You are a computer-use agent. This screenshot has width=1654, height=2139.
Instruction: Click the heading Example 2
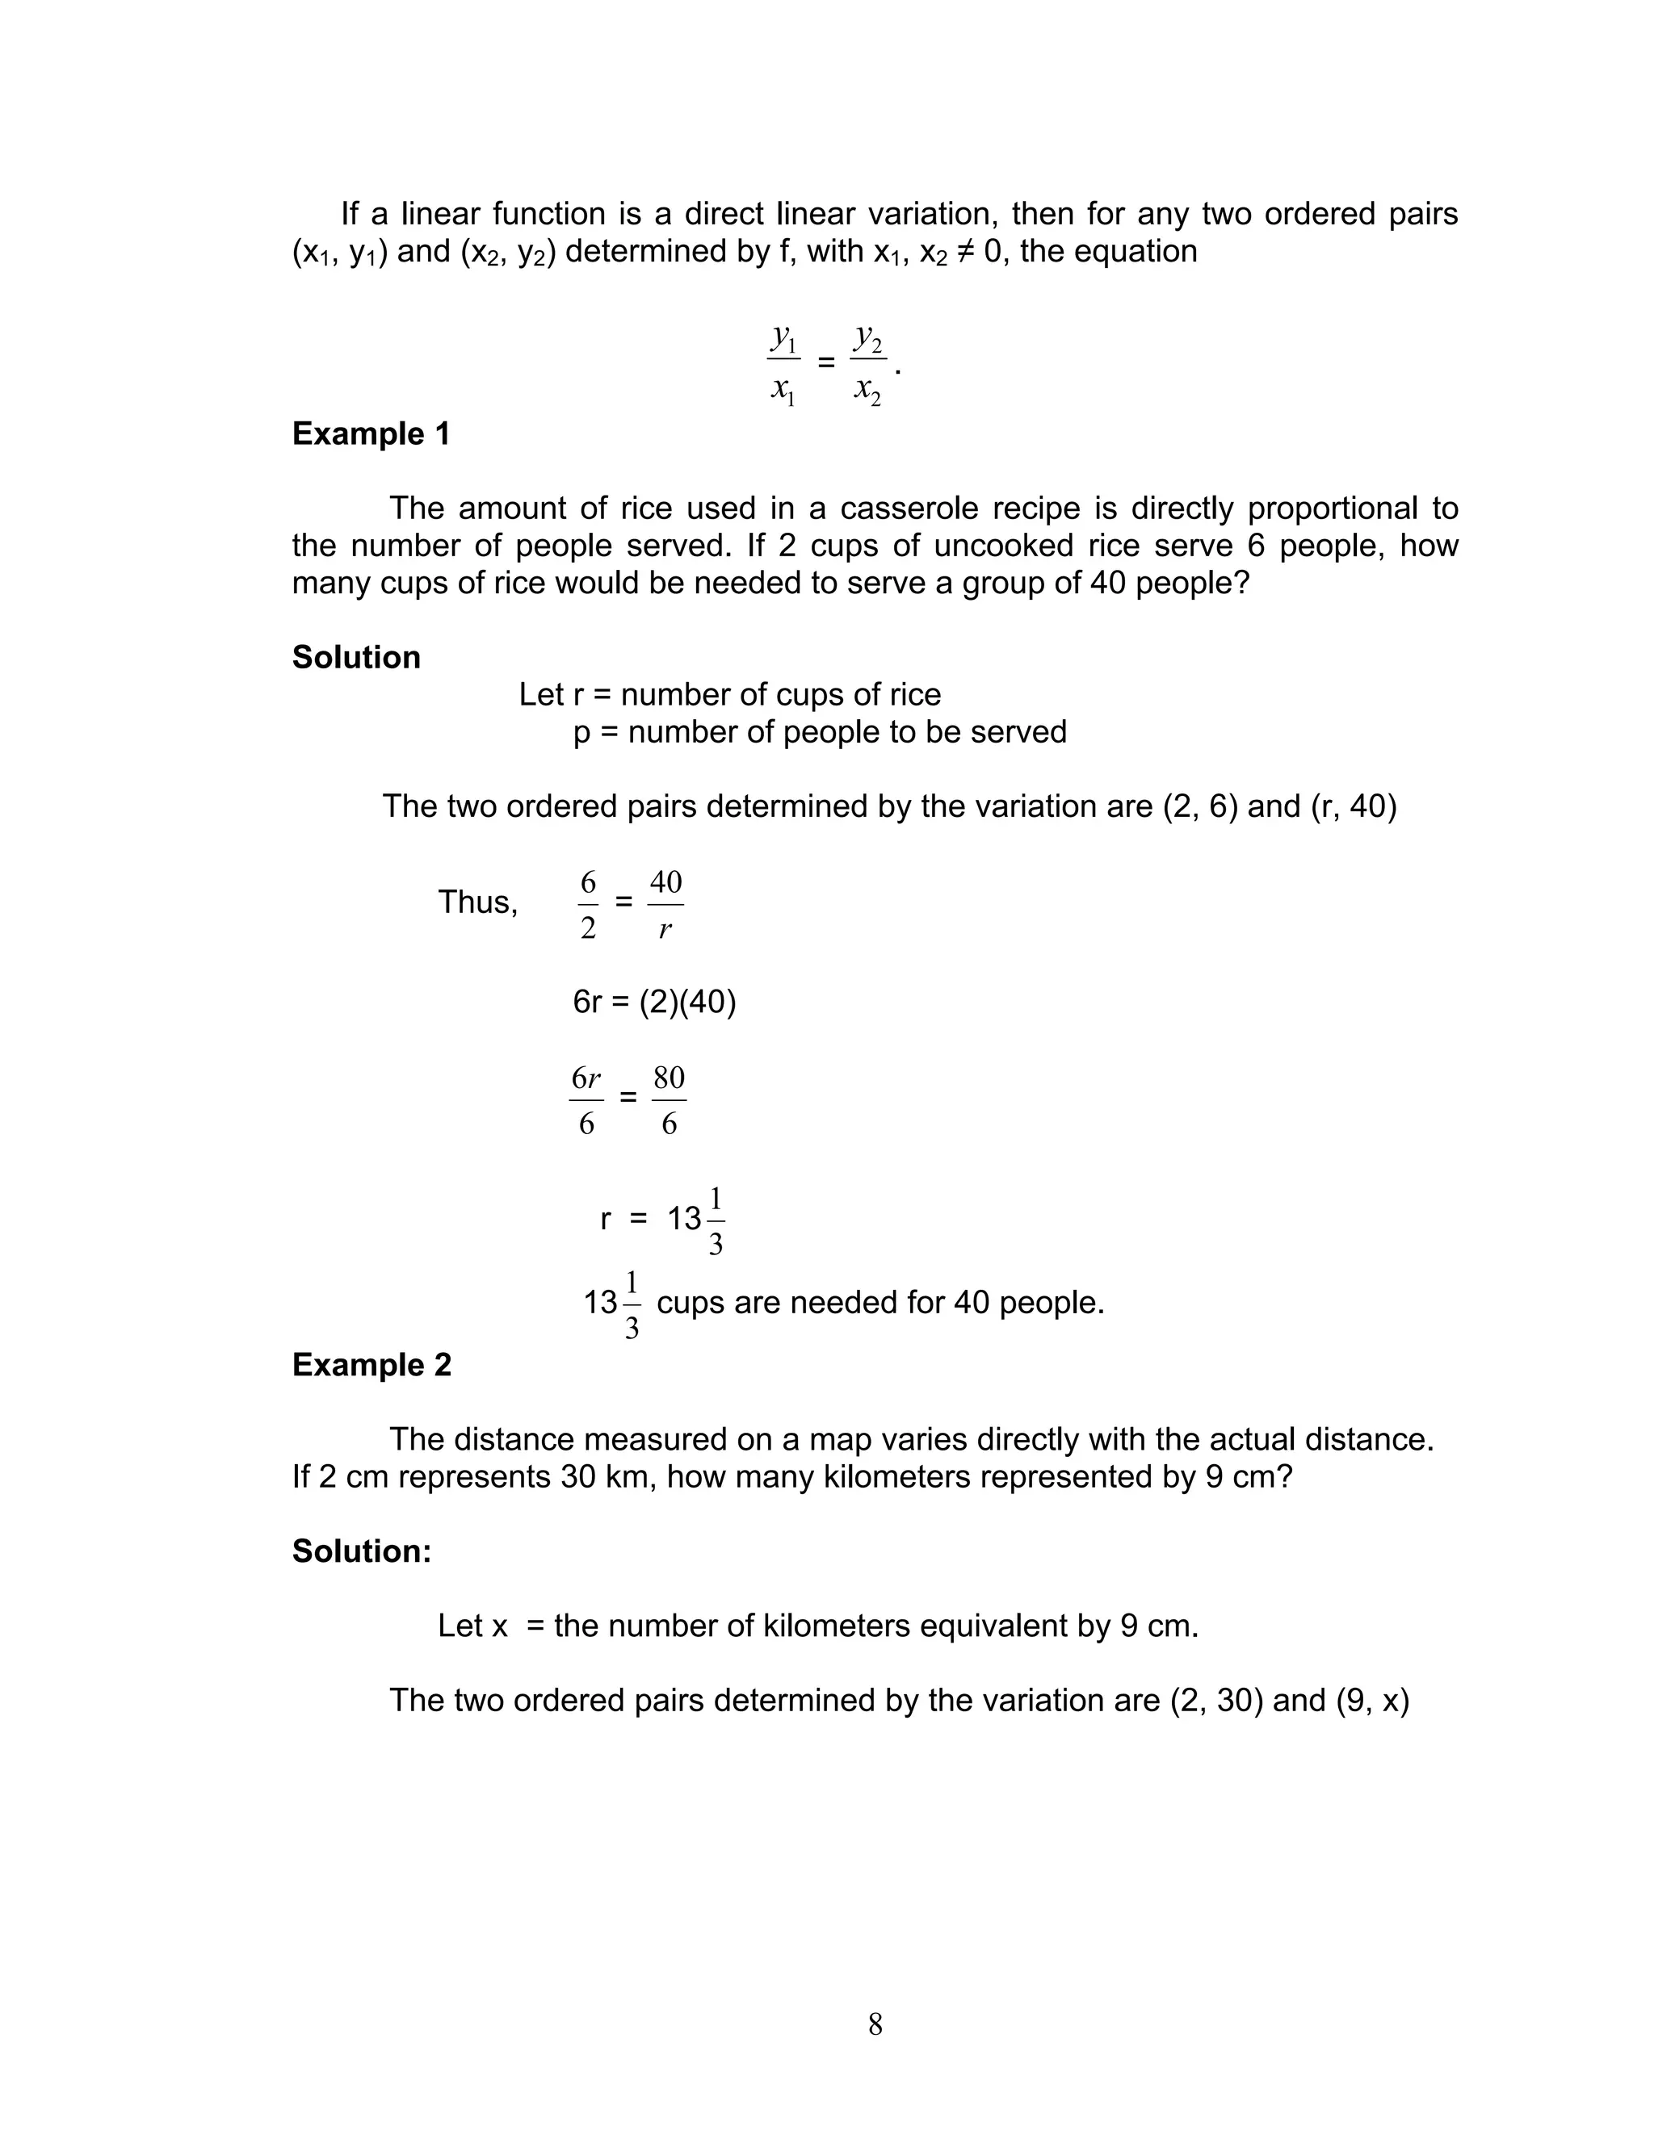pos(372,1364)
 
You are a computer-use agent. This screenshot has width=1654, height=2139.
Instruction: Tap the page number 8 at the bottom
pos(875,2024)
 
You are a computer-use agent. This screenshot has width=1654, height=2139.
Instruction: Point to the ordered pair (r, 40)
pos(1354,806)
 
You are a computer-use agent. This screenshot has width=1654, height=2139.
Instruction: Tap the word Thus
pos(477,902)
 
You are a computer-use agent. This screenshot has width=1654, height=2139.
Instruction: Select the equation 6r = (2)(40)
pos(653,1002)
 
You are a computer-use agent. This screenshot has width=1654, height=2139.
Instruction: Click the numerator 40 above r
pos(665,882)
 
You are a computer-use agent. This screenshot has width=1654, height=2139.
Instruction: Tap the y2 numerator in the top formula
pos(867,339)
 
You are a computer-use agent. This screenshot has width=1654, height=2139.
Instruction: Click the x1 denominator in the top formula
pos(783,391)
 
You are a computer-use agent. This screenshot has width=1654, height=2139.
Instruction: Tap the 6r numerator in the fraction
pos(586,1078)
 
